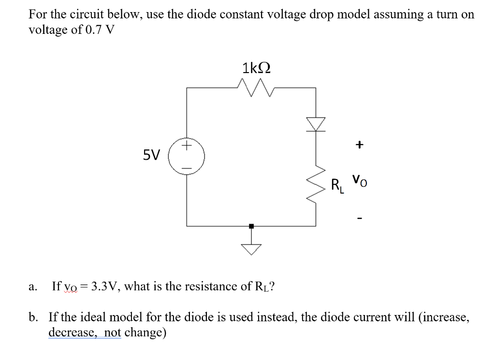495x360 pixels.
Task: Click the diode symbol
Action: [316, 124]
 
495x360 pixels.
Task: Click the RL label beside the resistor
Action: [337, 185]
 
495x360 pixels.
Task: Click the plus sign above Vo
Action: [359, 145]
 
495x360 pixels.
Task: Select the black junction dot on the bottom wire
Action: [251, 226]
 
